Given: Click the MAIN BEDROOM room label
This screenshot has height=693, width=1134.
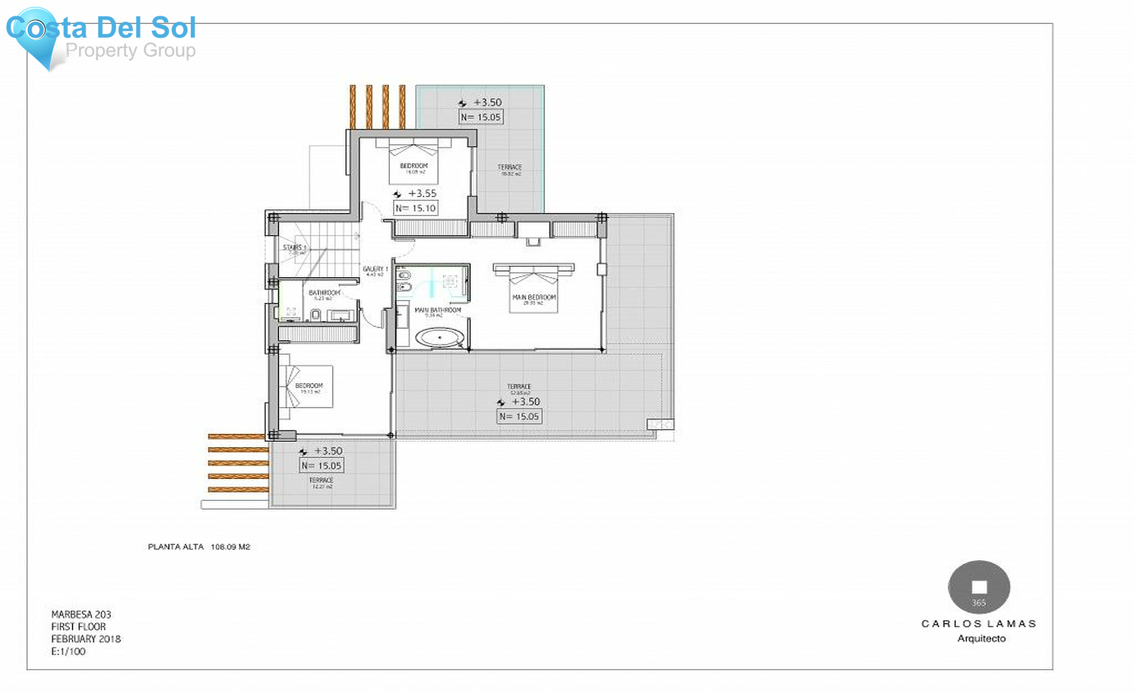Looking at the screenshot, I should tap(534, 297).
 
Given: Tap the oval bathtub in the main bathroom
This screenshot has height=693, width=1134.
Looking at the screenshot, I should tap(439, 338).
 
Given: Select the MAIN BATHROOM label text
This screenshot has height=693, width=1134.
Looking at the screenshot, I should tap(437, 310).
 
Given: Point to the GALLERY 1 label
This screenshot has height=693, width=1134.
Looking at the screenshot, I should tap(375, 270).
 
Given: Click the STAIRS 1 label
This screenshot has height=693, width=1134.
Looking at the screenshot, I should tap(294, 248).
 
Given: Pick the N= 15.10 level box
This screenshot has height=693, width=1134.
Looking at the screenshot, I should tap(415, 209).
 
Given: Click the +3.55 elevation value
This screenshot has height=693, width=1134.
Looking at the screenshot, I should tap(422, 193).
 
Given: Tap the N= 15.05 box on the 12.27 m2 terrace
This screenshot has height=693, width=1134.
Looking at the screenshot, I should tap(321, 466).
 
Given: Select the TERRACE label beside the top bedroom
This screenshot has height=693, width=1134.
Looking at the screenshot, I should tap(510, 168).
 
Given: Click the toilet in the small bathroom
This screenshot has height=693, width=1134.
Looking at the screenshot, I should tap(316, 314).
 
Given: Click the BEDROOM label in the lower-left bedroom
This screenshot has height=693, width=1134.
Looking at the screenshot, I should tap(309, 386).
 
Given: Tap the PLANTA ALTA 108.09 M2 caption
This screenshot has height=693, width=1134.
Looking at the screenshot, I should tap(198, 547).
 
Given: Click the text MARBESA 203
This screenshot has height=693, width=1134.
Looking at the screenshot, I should tap(81, 614).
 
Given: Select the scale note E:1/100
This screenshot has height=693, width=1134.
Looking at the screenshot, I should tap(68, 651).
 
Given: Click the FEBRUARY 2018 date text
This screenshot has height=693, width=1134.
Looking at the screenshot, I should tap(86, 639).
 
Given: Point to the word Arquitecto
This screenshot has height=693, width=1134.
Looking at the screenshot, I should tap(981, 638).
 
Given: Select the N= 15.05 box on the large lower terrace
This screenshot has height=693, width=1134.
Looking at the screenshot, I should tap(519, 416).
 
